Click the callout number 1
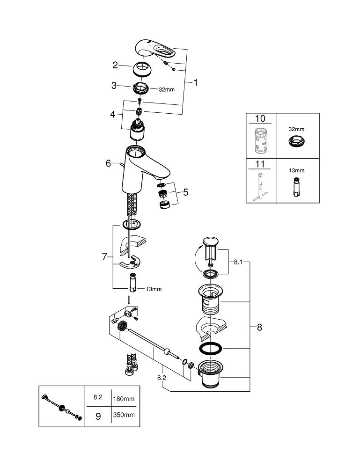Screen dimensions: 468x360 [195, 83]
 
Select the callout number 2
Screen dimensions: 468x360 [115, 66]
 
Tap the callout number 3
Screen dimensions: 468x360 [114, 86]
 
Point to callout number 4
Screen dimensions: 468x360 [113, 114]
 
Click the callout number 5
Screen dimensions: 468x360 [186, 192]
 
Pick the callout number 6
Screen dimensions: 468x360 [108, 163]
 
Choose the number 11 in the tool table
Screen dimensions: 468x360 [261, 164]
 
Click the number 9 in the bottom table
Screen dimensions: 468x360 [98, 416]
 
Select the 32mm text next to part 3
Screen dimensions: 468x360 [166, 89]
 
